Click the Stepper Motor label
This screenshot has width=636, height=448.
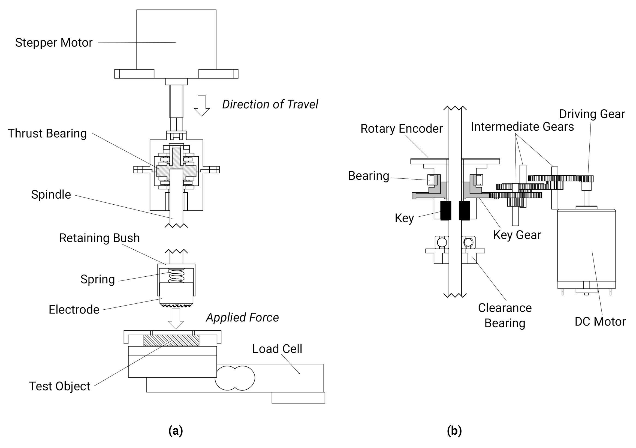[54, 43]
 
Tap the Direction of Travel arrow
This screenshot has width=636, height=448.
[202, 106]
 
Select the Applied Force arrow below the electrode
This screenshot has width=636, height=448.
[176, 318]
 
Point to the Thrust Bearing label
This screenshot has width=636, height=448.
[47, 133]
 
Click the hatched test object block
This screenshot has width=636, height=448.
[171, 341]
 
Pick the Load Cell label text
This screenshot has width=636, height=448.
[277, 349]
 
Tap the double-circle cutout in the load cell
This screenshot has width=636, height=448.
[235, 378]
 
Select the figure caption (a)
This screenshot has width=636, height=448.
[176, 431]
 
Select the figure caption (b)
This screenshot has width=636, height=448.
[454, 431]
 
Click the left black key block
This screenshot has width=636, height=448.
[445, 211]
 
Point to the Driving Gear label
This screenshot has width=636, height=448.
[592, 114]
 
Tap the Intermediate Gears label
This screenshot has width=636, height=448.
[522, 127]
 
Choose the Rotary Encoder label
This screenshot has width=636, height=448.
[401, 129]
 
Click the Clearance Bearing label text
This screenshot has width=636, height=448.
[505, 315]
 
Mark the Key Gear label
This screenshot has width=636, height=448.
[517, 235]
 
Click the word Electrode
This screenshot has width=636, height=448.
[74, 310]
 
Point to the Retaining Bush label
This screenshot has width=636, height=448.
[99, 238]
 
